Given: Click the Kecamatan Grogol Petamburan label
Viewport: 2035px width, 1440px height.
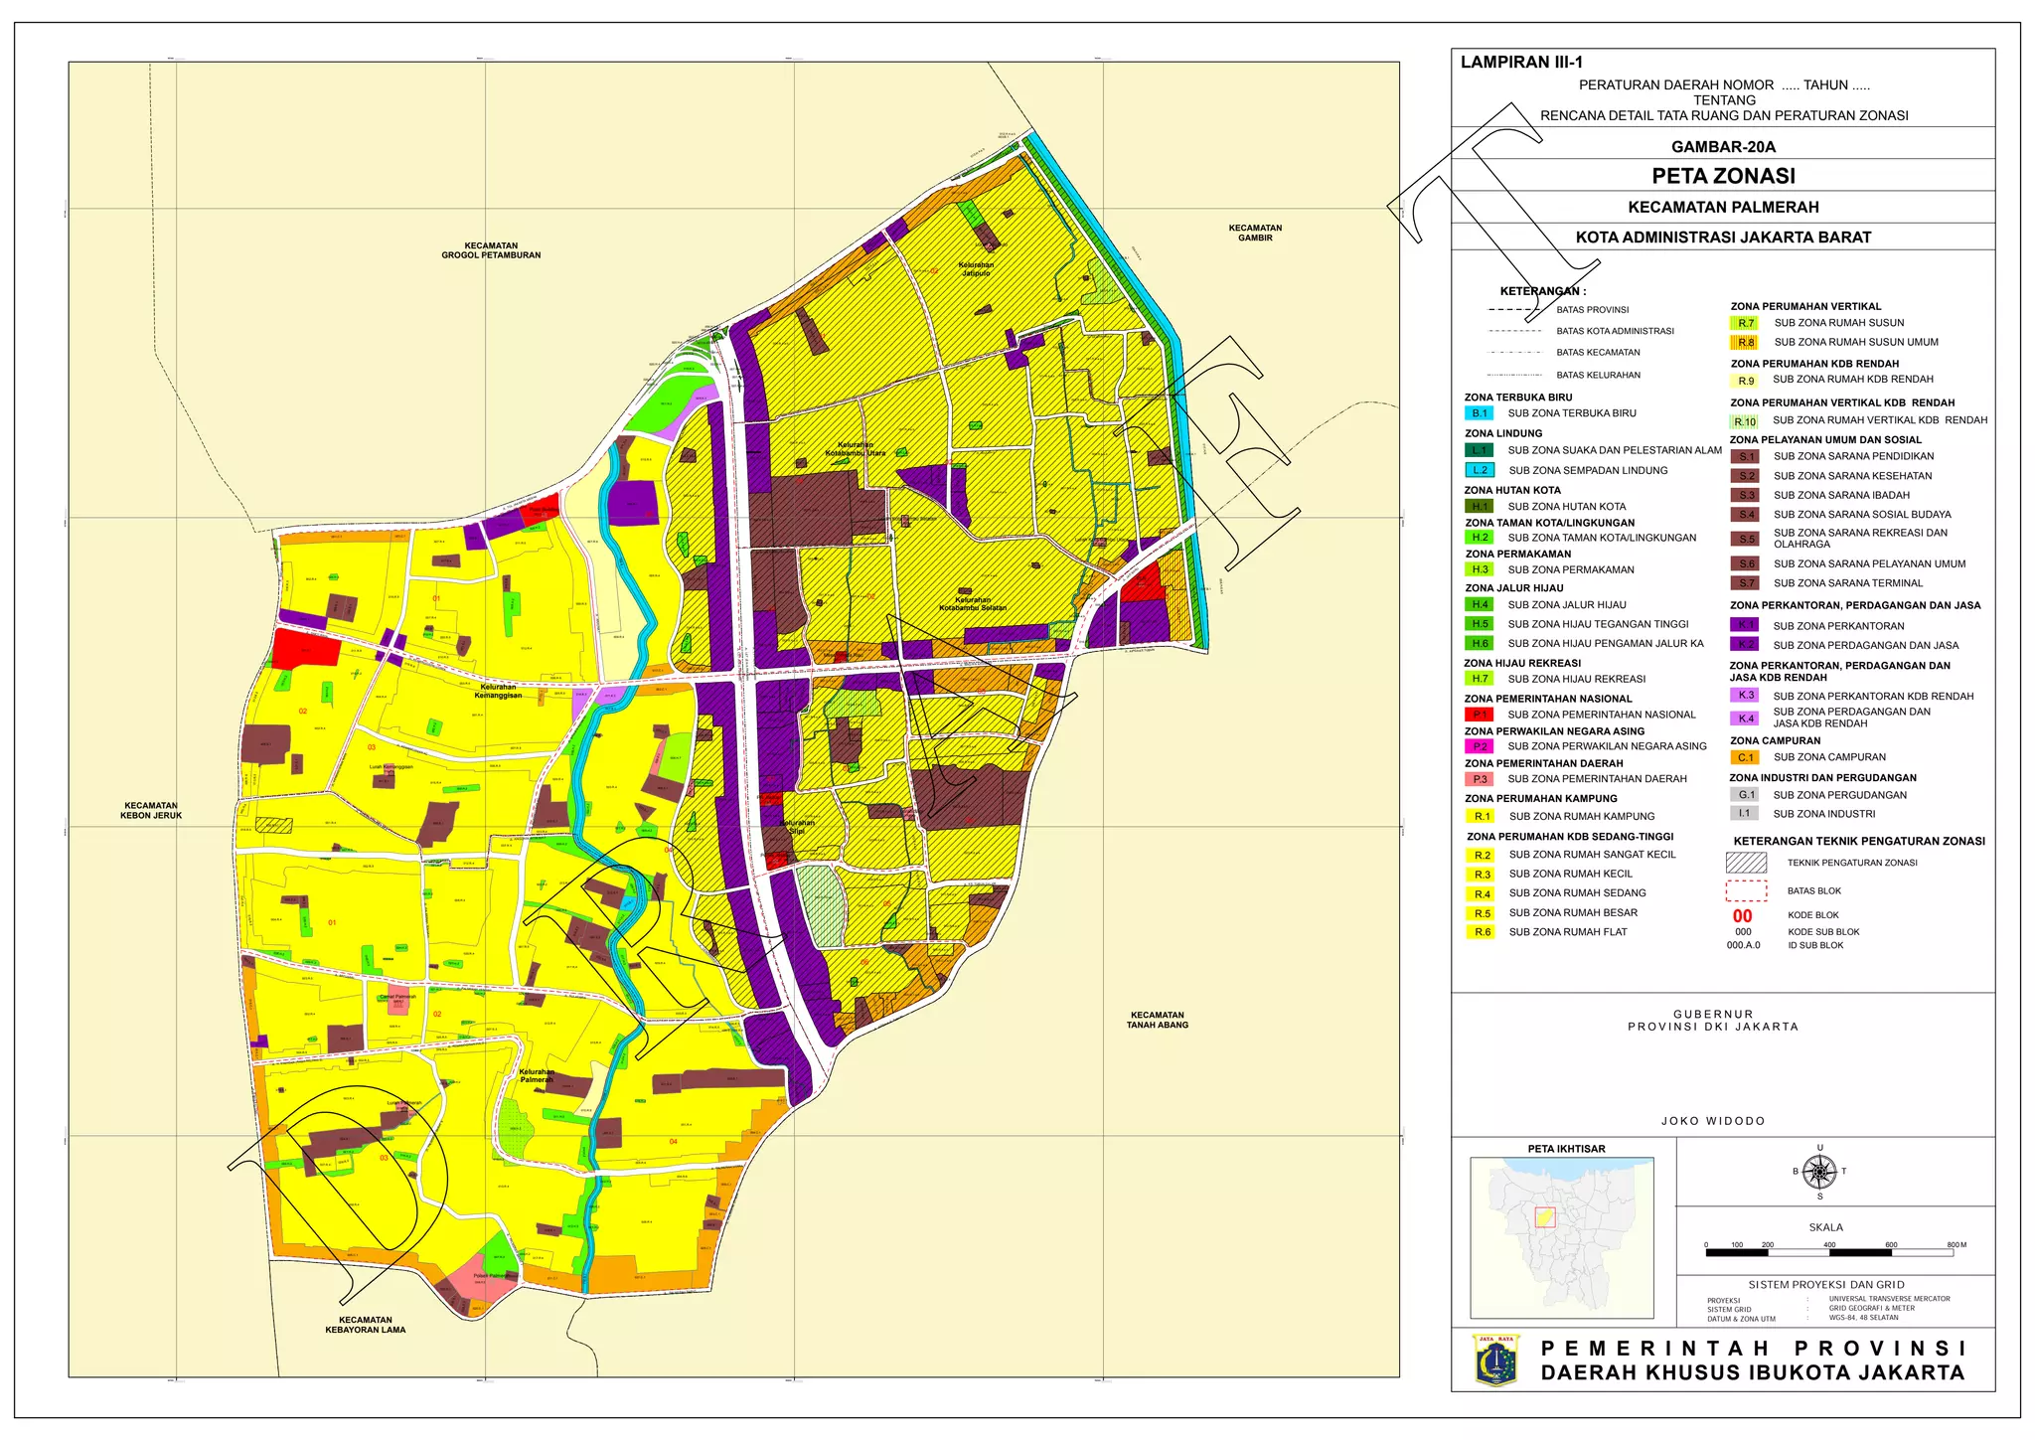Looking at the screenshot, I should click(x=491, y=250).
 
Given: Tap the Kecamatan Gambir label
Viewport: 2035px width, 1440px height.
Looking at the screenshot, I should click(x=1255, y=233).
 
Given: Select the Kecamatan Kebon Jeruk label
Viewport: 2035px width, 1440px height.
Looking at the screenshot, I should click(x=151, y=811).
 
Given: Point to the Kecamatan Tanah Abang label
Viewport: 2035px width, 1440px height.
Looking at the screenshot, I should click(x=1157, y=1020).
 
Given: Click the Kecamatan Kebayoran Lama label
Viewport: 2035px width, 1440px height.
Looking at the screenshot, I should click(x=365, y=1325).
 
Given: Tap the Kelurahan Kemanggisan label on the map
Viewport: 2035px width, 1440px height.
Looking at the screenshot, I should click(x=498, y=691).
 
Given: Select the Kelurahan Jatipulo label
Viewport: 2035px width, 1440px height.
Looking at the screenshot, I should click(x=976, y=269).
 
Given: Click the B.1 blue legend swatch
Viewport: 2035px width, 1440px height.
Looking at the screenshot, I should click(x=1480, y=413).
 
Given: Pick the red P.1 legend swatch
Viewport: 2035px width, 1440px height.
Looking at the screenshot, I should click(x=1480, y=715).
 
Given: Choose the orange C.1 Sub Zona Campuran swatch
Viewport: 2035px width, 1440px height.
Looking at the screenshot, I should click(x=1745, y=757).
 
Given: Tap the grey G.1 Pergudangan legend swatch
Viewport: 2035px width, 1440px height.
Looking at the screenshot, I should click(x=1745, y=795).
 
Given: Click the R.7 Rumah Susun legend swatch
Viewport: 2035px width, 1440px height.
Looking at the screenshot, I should click(x=1745, y=323).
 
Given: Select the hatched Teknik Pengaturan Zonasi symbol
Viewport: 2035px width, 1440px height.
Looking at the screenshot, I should click(x=1746, y=863).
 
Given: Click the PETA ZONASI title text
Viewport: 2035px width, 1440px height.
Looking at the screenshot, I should click(x=1723, y=176).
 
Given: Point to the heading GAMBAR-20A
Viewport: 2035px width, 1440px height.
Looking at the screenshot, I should click(x=1723, y=146).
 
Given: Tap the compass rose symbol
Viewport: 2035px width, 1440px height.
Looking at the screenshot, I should click(x=1819, y=1172).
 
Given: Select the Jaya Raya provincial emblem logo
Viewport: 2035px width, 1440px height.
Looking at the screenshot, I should click(x=1495, y=1360).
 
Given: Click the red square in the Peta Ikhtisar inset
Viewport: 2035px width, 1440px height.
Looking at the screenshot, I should click(x=1545, y=1217).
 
